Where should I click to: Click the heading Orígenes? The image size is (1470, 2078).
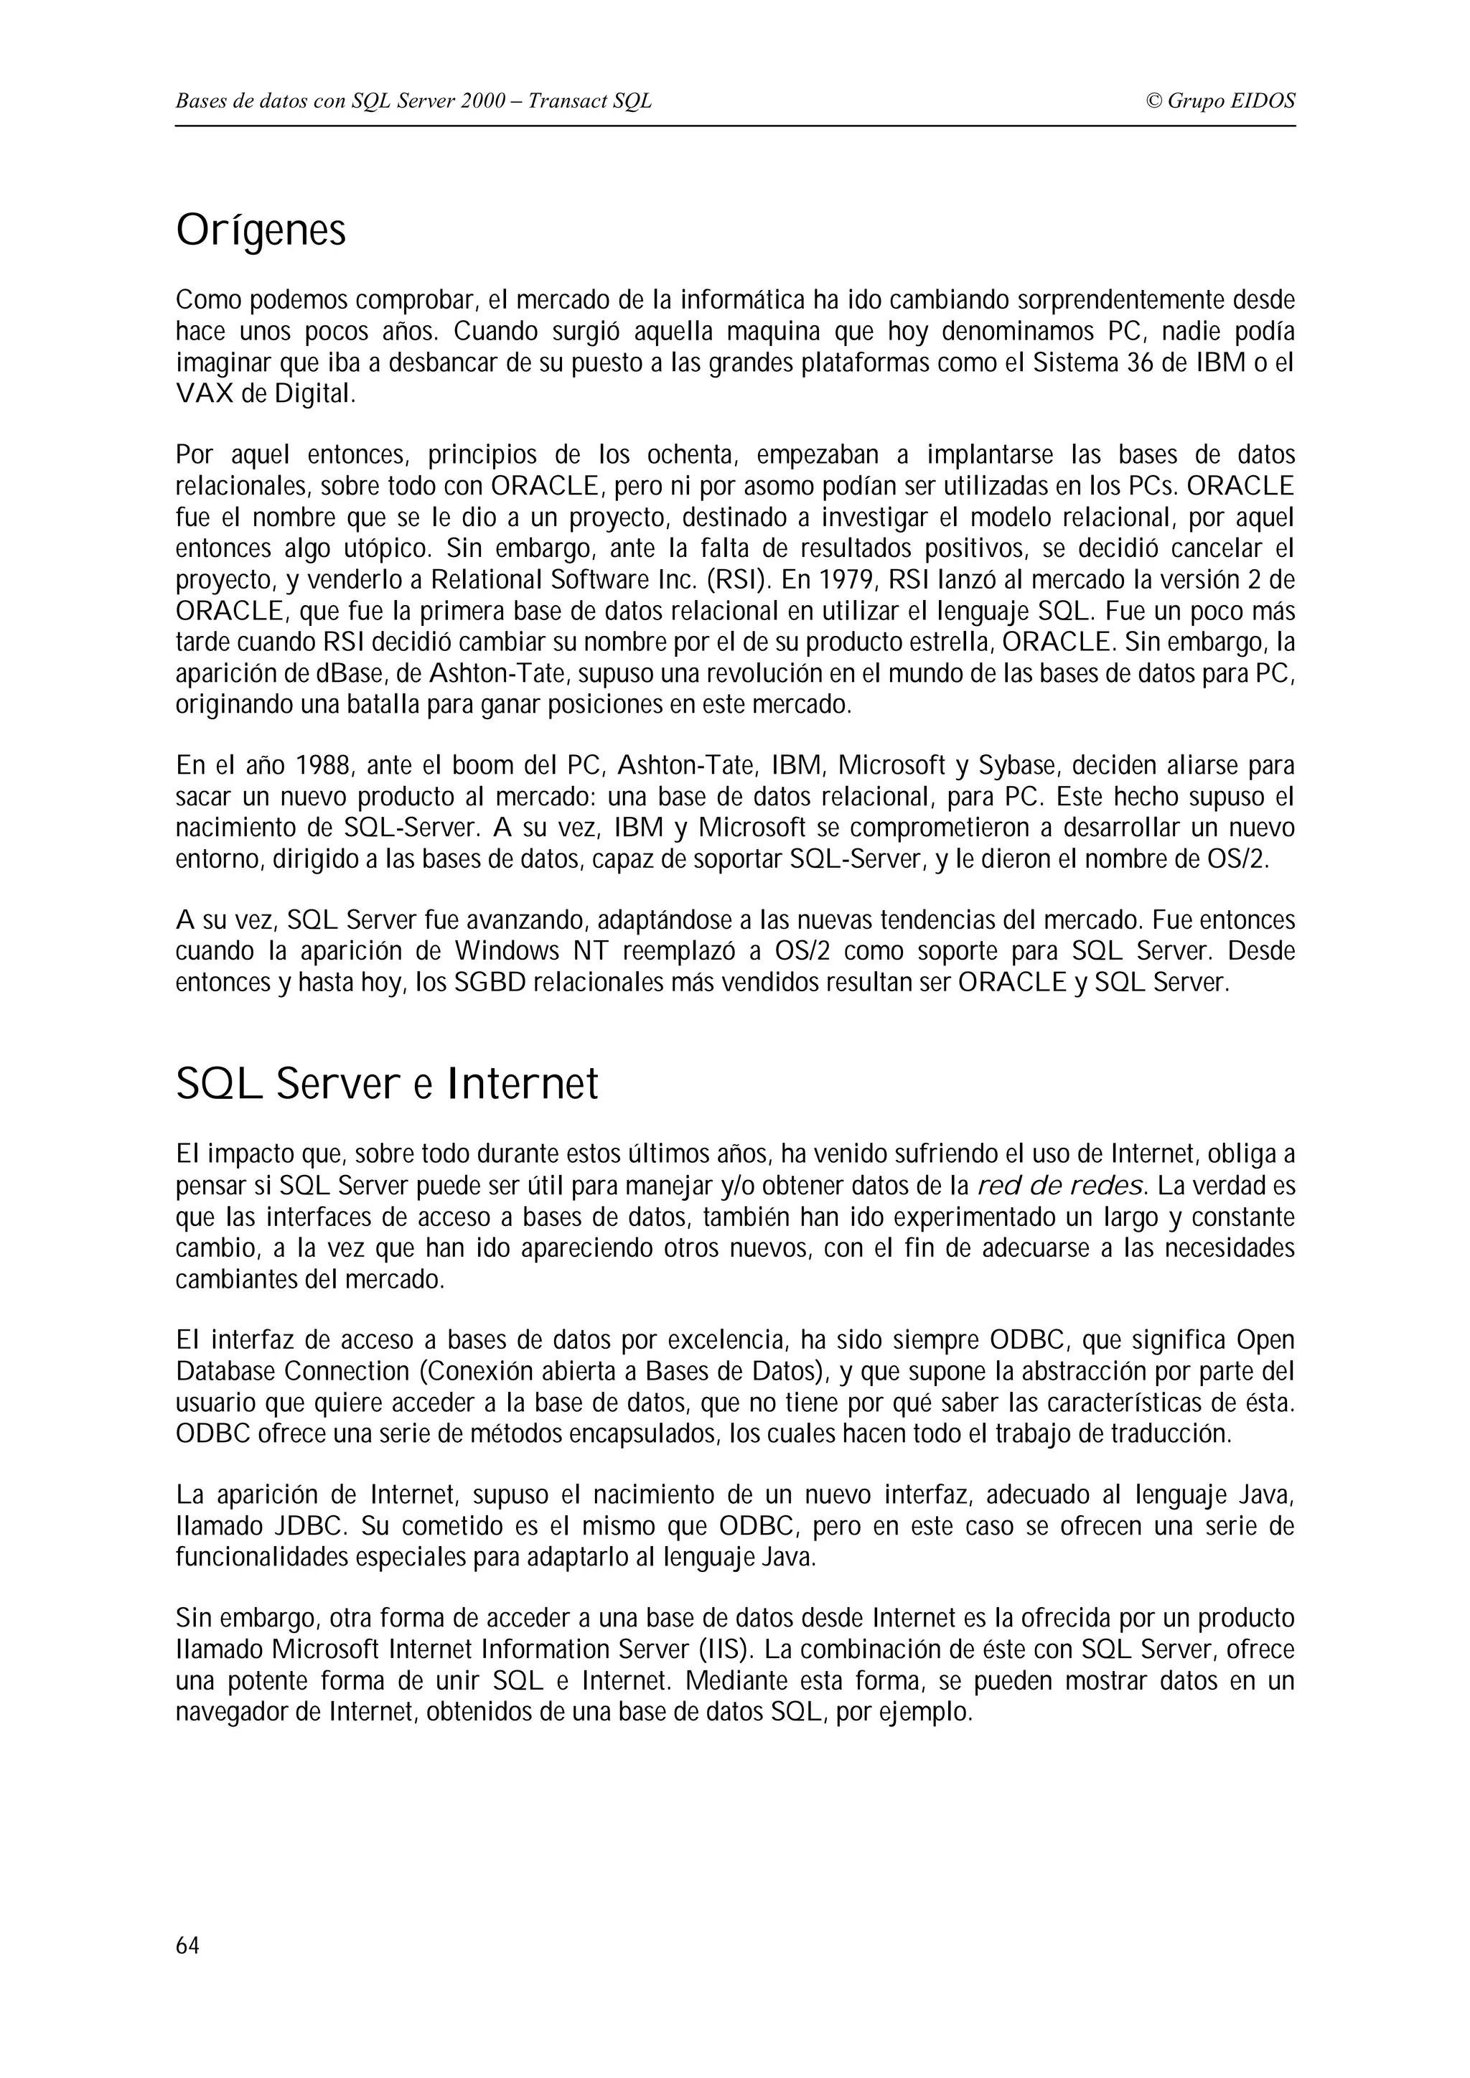coord(261,232)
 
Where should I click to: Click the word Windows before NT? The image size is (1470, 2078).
coord(507,952)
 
